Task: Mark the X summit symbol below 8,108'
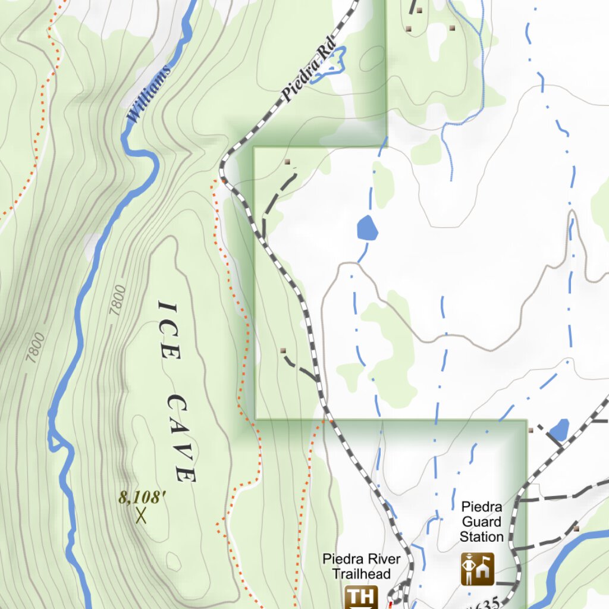point(141,516)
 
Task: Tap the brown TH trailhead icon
point(362,597)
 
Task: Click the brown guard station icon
point(477,569)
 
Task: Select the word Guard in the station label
point(482,522)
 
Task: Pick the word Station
point(482,537)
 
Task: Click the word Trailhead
point(361,574)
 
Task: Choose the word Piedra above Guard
point(482,507)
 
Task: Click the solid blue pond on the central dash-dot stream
point(367,228)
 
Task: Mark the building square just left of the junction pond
point(530,429)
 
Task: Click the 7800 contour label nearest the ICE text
point(118,300)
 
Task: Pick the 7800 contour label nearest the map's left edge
point(36,348)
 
